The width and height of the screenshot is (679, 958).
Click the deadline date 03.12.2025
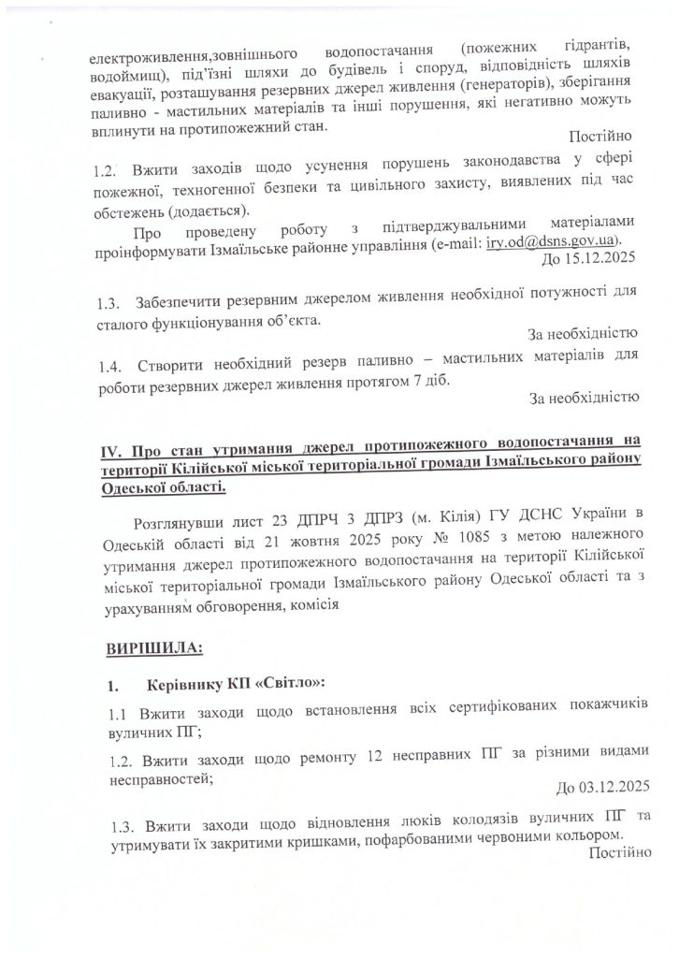[603, 785]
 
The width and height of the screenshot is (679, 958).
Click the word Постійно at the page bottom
[613, 850]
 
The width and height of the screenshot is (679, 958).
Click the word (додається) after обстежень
[209, 209]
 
